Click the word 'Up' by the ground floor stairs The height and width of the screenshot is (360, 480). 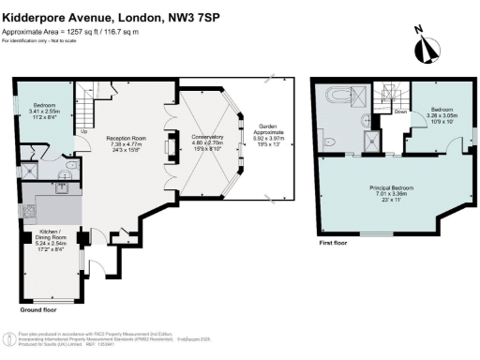pyautogui.click(x=83, y=131)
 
